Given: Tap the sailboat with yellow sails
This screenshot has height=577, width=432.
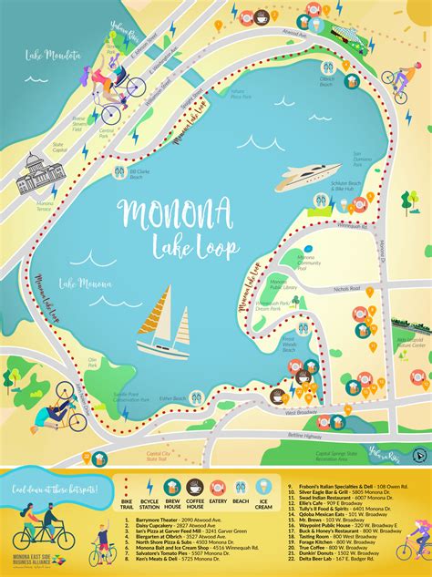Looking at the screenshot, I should click(163, 323).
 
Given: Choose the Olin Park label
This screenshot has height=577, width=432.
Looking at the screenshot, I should click(91, 364).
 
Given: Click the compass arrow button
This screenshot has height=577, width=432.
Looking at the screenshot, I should click(417, 454).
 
